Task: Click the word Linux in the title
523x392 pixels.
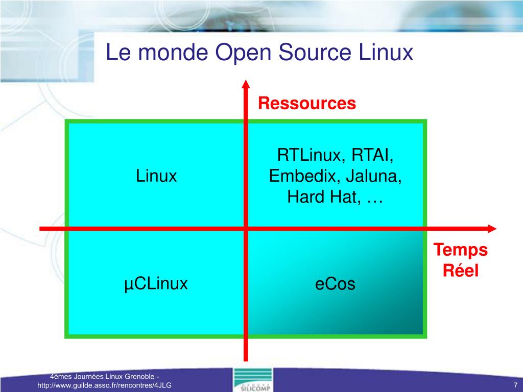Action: coord(386,53)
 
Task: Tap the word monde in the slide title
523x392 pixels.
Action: coord(173,53)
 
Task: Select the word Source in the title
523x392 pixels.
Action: coord(315,53)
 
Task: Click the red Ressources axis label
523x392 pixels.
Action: coord(307,103)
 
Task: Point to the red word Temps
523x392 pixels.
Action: coord(460,250)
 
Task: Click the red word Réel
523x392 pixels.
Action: coord(461,271)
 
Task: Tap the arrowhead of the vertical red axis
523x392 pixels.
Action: coord(246,84)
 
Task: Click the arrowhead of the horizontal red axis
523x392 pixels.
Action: coord(492,229)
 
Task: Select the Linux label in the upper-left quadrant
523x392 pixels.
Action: coord(156,176)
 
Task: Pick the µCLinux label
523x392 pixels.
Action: coord(156,284)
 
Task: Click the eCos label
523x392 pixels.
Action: coord(335,284)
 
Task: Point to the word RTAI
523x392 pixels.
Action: coord(372,155)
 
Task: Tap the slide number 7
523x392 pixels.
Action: coord(516,385)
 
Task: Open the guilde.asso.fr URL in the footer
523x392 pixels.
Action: coord(104,385)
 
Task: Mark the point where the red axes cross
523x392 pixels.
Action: coord(246,229)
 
